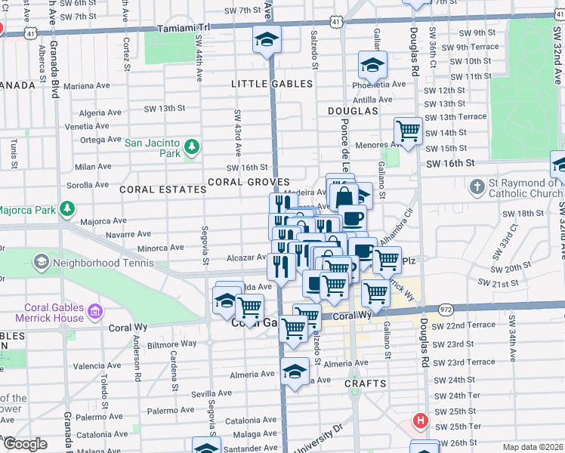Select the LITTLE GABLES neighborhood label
(271, 84)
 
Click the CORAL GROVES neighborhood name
(249, 182)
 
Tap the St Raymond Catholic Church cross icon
(477, 186)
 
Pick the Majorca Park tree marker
(67, 208)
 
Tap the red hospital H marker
(419, 419)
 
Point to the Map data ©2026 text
(532, 447)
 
